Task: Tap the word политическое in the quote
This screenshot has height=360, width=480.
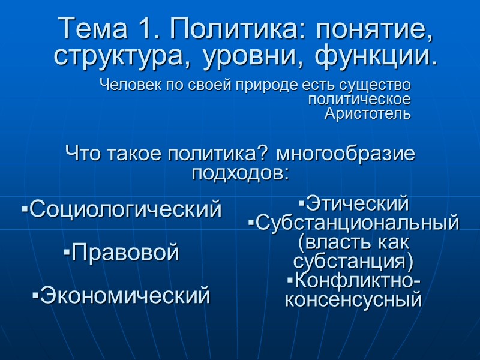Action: tap(359, 99)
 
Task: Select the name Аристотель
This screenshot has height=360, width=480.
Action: tap(367, 113)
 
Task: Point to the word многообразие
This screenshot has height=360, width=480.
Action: tap(346, 154)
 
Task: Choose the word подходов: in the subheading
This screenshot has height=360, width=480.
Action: tap(240, 174)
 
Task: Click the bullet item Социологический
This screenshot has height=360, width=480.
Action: tap(122, 209)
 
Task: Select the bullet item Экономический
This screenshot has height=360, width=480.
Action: tap(122, 295)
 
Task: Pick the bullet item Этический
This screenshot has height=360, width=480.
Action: tap(353, 204)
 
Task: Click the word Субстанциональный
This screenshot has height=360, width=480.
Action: tap(354, 223)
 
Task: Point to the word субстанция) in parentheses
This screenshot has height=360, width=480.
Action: tap(353, 262)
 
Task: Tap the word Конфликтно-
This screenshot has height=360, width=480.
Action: tap(353, 280)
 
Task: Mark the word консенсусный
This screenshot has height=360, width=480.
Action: tap(353, 299)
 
